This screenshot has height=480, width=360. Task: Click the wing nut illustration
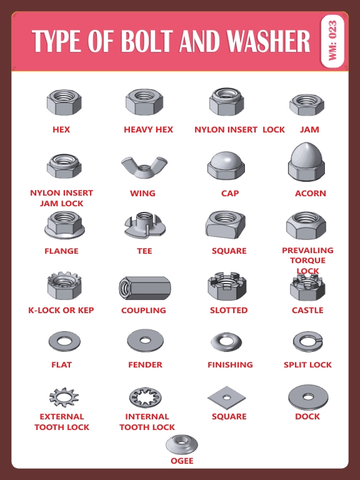143,167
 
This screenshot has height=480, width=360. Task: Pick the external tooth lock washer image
62,396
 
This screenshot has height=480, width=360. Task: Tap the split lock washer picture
307,341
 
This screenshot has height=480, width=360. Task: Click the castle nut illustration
307,286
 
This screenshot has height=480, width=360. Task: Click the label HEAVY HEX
148,130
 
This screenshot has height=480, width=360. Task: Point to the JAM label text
309,130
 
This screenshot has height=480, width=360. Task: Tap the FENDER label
145,365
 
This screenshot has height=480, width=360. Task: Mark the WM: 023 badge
332,41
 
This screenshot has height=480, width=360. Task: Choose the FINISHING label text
230,365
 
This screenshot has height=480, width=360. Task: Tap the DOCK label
307,417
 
